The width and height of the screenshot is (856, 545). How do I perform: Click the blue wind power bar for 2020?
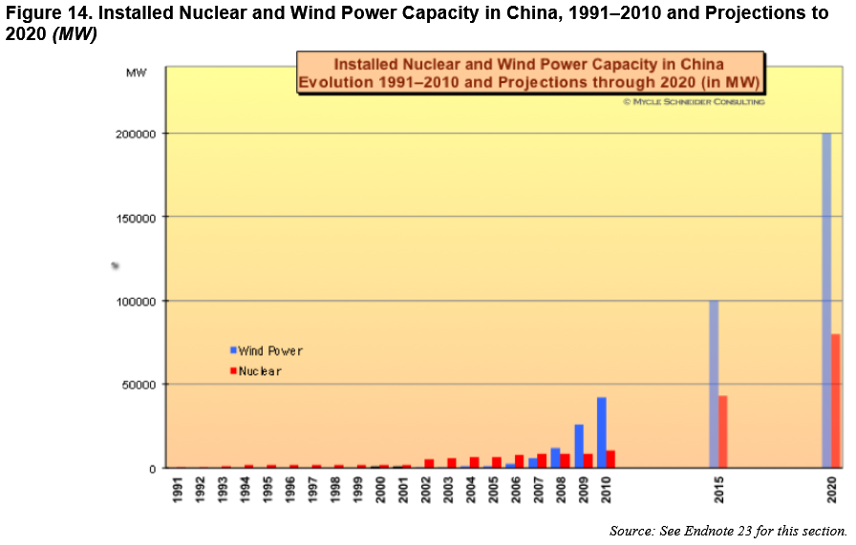click(826, 301)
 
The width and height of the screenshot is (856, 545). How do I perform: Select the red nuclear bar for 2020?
click(836, 401)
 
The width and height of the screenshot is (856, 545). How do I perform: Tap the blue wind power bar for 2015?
click(714, 384)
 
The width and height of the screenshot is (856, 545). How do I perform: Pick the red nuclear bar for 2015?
click(723, 431)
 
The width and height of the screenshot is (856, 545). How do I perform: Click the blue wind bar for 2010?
click(602, 432)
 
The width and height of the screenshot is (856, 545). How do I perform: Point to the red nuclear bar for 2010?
click(610, 458)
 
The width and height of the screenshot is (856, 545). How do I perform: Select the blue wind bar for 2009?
click(579, 446)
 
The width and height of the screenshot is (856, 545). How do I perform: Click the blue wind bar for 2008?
click(556, 457)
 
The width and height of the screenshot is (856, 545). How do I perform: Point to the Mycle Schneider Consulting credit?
click(694, 101)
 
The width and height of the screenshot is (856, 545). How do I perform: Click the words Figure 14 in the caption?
click(45, 12)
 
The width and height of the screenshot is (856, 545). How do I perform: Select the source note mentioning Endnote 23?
click(728, 531)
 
